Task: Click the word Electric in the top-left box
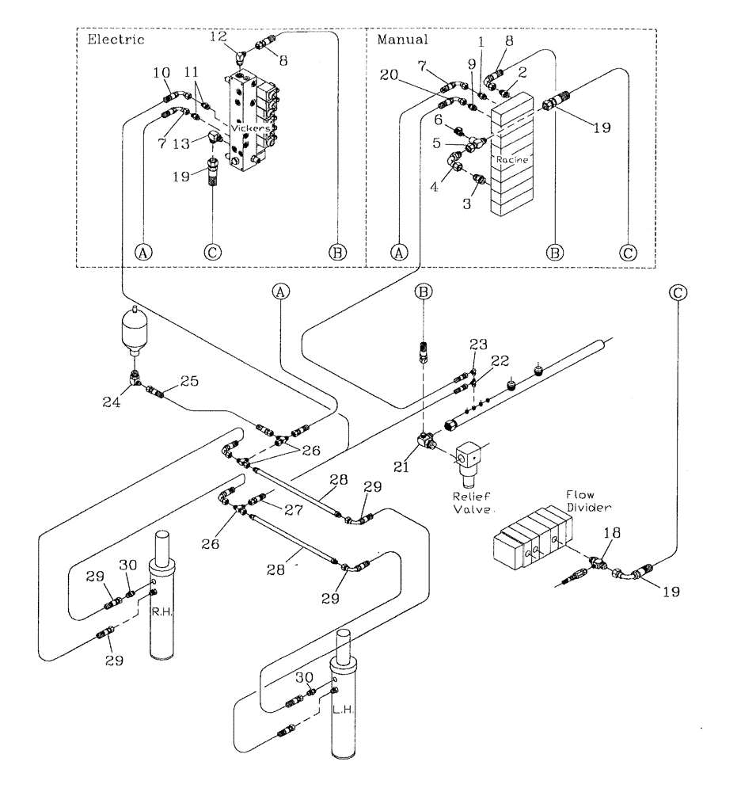tap(111, 39)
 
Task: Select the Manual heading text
tap(402, 39)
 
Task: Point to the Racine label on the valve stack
tap(512, 158)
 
